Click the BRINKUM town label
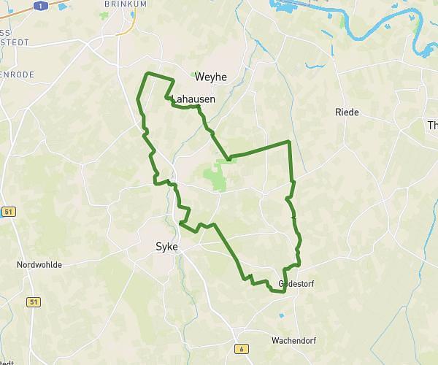click(120, 4)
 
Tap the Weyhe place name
click(211, 77)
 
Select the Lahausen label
click(193, 99)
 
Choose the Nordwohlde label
click(39, 265)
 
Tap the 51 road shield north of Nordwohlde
click(7, 212)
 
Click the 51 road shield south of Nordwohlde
click(34, 301)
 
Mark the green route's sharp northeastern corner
click(289, 141)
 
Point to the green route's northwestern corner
click(148, 74)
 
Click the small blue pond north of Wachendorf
click(281, 316)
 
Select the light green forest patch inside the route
click(215, 175)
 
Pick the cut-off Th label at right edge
click(431, 125)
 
